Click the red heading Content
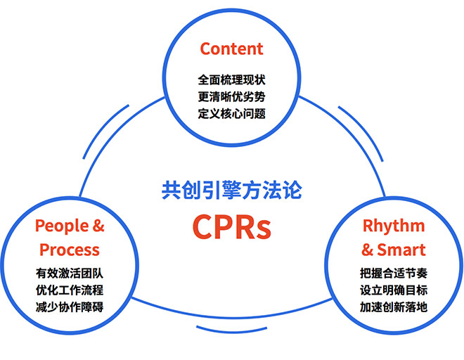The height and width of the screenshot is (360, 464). [x=231, y=49]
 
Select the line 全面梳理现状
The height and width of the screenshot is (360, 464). [x=231, y=80]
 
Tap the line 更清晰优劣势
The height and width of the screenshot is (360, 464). [x=231, y=97]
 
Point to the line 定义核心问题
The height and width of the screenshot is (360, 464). [x=231, y=114]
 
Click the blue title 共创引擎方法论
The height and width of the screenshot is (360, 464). [x=232, y=190]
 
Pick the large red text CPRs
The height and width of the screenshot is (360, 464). [x=232, y=227]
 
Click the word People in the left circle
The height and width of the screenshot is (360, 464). [x=62, y=226]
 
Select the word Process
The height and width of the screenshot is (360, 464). [x=70, y=250]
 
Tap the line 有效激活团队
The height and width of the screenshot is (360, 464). [x=70, y=274]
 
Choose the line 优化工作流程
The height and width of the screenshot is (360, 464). [x=70, y=290]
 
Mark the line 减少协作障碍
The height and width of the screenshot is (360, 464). [x=70, y=307]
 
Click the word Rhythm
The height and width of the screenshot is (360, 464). [x=394, y=226]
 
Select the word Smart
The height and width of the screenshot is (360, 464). [x=401, y=250]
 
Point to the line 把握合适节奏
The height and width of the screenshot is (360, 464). [x=394, y=274]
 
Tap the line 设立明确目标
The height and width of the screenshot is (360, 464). [x=394, y=290]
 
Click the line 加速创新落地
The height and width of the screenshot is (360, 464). [x=394, y=307]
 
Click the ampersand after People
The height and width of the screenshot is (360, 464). [x=98, y=226]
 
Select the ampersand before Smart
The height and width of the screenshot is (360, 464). [x=367, y=250]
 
